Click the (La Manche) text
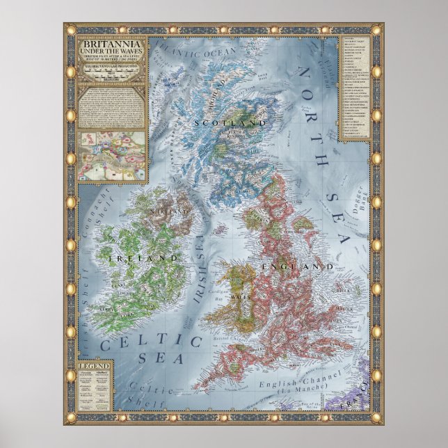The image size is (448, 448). coord(301,394)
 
